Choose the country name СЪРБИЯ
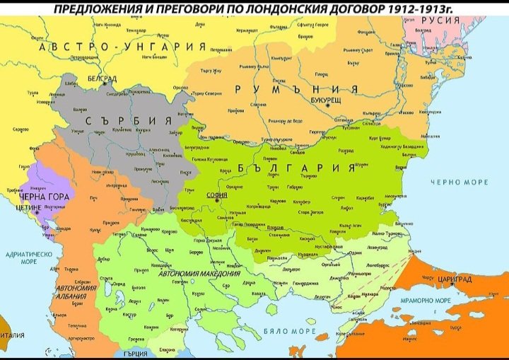pos(129,120)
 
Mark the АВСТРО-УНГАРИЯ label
pos(122,46)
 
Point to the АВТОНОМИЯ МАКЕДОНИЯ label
pos(199,273)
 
